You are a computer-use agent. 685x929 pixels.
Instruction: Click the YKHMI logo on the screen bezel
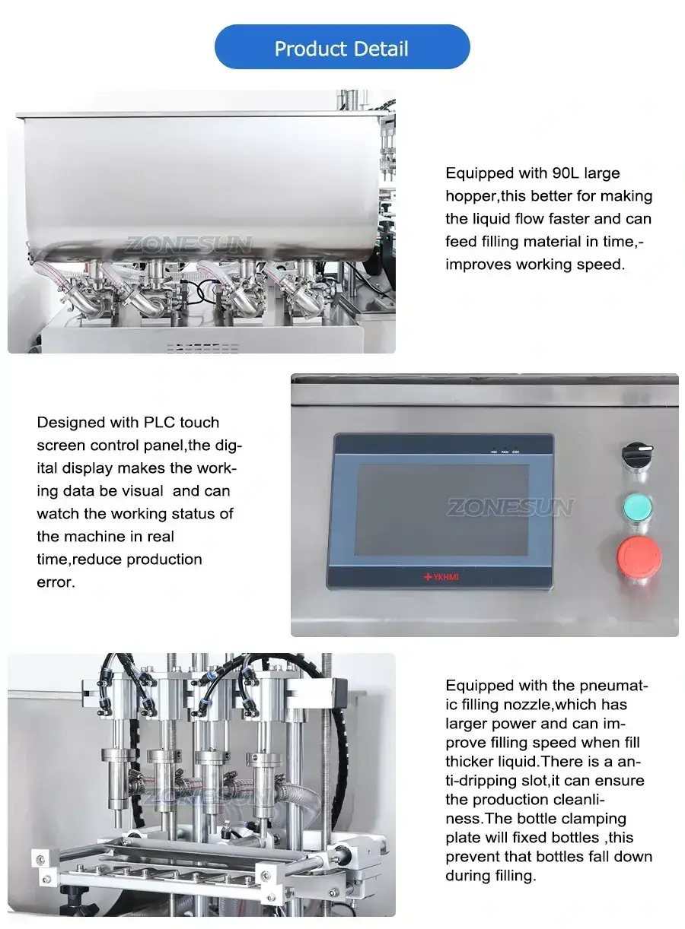[441, 576]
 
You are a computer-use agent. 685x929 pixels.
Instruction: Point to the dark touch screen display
[441, 509]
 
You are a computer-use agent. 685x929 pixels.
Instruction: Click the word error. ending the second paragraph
[56, 582]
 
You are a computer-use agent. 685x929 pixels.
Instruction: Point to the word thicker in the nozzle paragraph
[473, 762]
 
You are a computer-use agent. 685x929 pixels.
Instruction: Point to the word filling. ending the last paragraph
[512, 876]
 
